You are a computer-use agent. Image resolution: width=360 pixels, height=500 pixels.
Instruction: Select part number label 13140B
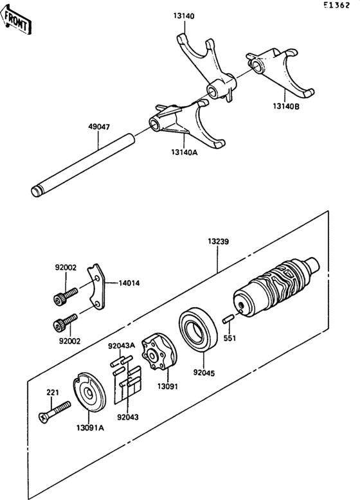(x=285, y=107)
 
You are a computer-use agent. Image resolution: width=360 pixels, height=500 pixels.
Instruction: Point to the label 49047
(x=99, y=127)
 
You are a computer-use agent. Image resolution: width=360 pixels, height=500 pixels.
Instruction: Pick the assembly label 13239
(x=218, y=242)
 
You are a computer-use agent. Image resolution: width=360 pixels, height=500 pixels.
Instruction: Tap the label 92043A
(x=120, y=345)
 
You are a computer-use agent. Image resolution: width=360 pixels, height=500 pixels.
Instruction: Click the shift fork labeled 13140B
(x=283, y=74)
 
